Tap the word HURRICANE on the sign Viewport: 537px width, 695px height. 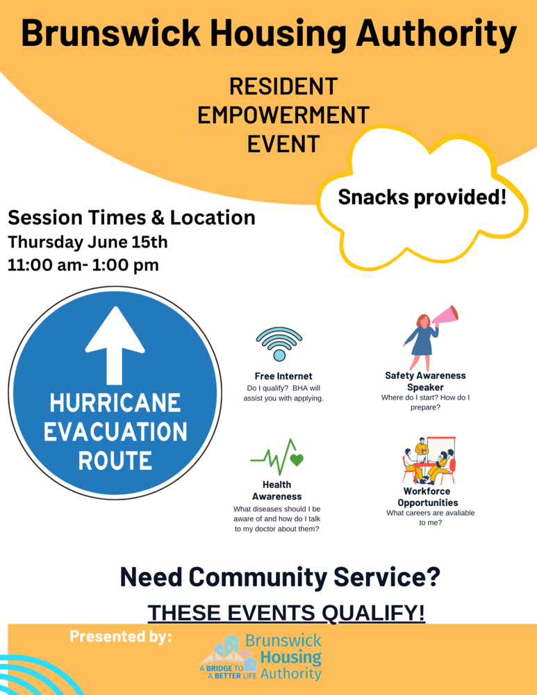(115, 403)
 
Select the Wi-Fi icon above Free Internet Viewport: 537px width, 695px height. (279, 343)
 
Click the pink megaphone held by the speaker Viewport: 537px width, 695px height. (445, 315)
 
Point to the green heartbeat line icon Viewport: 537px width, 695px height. (277, 457)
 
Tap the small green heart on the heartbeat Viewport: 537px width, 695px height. (297, 459)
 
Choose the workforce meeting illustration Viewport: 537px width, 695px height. (429, 460)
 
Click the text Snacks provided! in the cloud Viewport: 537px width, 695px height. (422, 197)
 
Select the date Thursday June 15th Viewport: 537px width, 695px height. (88, 242)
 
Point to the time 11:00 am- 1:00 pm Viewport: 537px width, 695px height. (83, 265)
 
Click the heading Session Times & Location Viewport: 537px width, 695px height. (131, 218)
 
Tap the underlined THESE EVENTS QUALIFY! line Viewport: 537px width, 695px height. (286, 612)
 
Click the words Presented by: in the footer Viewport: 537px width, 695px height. (120, 637)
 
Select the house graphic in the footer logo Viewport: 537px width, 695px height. (229, 653)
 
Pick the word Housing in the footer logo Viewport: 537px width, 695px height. (291, 657)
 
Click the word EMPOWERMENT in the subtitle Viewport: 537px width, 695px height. (283, 115)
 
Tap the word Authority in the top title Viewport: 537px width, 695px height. (436, 33)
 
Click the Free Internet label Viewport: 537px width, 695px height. (283, 376)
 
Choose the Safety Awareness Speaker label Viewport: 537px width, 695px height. (425, 381)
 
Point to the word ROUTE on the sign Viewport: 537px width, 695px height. (115, 461)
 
